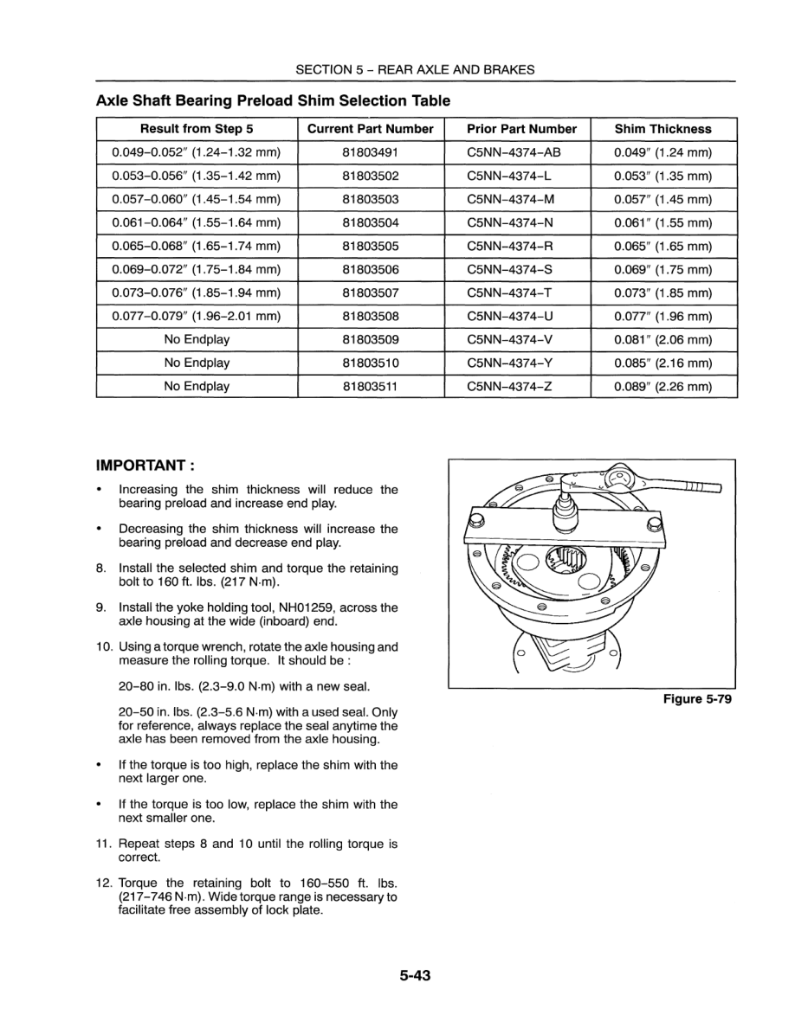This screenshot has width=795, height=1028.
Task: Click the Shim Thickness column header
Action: point(662,129)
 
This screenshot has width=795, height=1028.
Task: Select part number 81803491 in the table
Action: point(370,153)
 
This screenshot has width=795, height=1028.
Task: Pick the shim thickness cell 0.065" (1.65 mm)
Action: point(662,247)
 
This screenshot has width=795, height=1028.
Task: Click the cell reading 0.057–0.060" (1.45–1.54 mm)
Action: point(197,200)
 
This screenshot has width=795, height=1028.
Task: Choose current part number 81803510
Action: point(370,363)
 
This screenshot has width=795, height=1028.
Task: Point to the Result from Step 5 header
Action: point(197,129)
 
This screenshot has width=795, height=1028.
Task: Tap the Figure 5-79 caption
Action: point(697,700)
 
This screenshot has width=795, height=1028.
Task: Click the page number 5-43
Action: point(415,976)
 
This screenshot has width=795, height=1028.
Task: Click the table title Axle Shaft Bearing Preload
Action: point(273,100)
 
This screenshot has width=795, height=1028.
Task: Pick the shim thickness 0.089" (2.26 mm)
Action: point(662,387)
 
